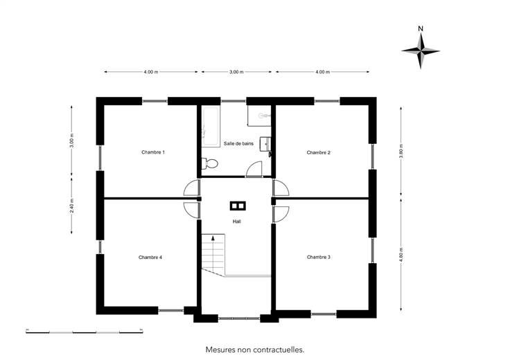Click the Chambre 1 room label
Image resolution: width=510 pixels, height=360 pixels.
tap(153, 152)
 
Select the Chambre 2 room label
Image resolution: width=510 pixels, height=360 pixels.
tap(319, 152)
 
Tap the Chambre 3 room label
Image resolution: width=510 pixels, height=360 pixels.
tap(319, 257)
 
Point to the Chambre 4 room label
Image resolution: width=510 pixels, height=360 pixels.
tap(150, 258)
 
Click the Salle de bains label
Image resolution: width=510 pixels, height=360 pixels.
tap(238, 143)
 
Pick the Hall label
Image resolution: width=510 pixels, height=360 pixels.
tap(237, 222)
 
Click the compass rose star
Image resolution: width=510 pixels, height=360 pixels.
tap(421, 51)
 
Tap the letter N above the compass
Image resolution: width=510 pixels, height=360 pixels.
tap(421, 28)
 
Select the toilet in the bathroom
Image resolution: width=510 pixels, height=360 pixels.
tap(210, 163)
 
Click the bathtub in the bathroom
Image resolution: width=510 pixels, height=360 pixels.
tap(211, 127)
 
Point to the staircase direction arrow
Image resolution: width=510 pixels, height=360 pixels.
tap(213, 238)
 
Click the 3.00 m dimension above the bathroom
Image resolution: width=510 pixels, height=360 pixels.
tap(236, 72)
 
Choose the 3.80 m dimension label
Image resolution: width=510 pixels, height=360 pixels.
tap(401, 151)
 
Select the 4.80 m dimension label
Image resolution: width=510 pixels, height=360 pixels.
tap(401, 255)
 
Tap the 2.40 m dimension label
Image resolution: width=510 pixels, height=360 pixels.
tap(72, 206)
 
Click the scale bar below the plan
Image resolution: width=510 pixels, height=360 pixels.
tap(85, 332)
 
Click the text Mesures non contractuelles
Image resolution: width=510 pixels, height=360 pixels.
tap(255, 350)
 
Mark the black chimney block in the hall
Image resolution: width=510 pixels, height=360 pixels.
tap(238, 206)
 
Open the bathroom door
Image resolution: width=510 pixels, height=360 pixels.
tap(254, 169)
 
